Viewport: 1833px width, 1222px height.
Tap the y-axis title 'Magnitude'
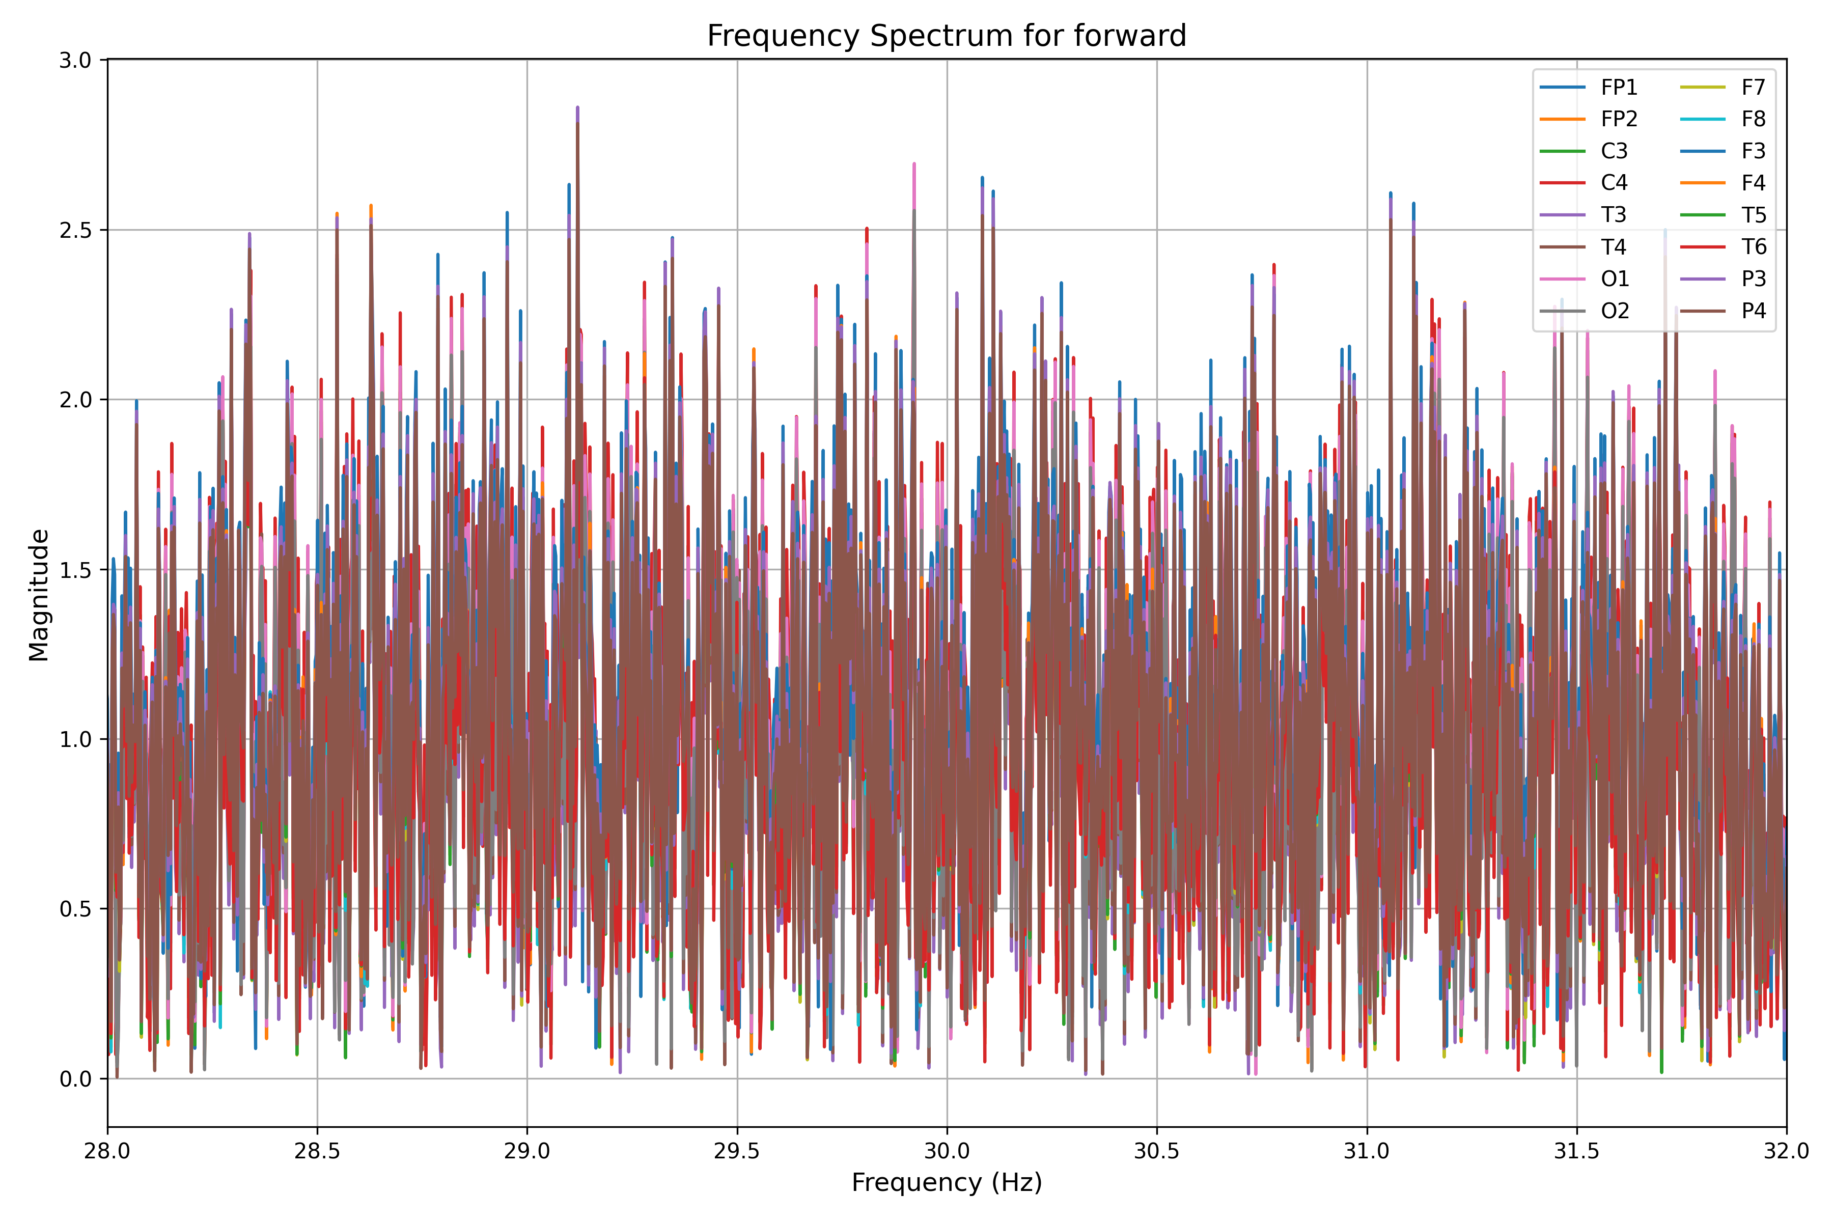pyautogui.click(x=39, y=595)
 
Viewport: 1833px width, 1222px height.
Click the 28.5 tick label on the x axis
pyautogui.click(x=317, y=1151)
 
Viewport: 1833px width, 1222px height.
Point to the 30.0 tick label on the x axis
pyautogui.click(x=947, y=1151)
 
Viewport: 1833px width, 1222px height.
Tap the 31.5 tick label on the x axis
pyautogui.click(x=1576, y=1151)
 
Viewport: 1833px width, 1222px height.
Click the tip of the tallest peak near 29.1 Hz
pyautogui.click(x=577, y=107)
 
